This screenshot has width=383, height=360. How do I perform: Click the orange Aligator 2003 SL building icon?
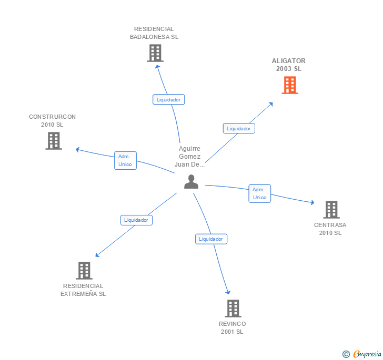coord(290,85)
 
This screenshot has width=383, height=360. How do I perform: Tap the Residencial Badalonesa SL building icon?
coord(155,53)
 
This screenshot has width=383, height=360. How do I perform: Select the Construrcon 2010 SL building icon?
coord(54,141)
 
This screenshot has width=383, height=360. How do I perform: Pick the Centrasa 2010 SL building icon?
coord(331,210)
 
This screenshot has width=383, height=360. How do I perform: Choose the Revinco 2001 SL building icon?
coord(233,308)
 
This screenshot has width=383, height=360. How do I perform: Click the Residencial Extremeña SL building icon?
coord(84,271)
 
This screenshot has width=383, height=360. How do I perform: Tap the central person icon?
coord(191,182)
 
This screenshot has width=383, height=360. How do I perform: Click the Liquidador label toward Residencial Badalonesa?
coord(169,99)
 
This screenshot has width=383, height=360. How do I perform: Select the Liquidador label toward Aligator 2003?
coord(239,128)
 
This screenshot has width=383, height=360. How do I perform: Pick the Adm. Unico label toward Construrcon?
coord(125,160)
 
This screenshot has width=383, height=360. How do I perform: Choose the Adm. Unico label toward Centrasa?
coord(260,193)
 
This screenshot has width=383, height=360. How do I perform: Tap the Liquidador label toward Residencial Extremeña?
coord(136,220)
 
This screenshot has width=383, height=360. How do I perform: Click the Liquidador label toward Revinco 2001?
coord(211,239)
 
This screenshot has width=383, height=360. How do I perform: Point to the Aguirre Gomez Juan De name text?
coord(189,157)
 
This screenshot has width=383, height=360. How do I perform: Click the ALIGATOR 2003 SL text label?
coord(289,65)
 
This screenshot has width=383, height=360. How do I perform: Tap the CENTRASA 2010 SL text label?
coord(330,229)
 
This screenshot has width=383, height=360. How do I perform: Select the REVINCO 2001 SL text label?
coord(233,327)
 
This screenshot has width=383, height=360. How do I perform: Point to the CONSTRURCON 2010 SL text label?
coord(52,120)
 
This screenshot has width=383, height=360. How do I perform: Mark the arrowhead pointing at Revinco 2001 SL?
coord(228,292)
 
